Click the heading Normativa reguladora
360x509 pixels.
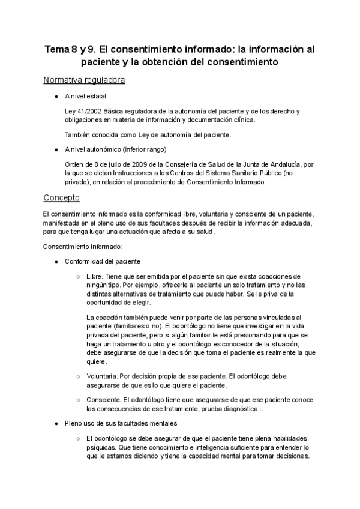pyautogui.click(x=84, y=80)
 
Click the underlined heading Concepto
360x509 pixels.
pyautogui.click(x=62, y=197)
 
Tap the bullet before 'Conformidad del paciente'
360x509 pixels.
pyautogui.click(x=55, y=261)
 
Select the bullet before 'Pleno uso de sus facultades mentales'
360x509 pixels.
pyautogui.click(x=55, y=423)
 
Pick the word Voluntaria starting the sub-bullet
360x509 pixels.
pyautogui.click(x=103, y=375)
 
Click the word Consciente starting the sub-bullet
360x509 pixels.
pyautogui.click(x=104, y=399)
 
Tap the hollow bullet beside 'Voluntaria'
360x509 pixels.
pyautogui.click(x=78, y=375)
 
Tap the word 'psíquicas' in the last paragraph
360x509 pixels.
pyautogui.click(x=101, y=447)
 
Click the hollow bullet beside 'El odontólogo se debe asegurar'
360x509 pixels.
pyautogui.click(x=78, y=439)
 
